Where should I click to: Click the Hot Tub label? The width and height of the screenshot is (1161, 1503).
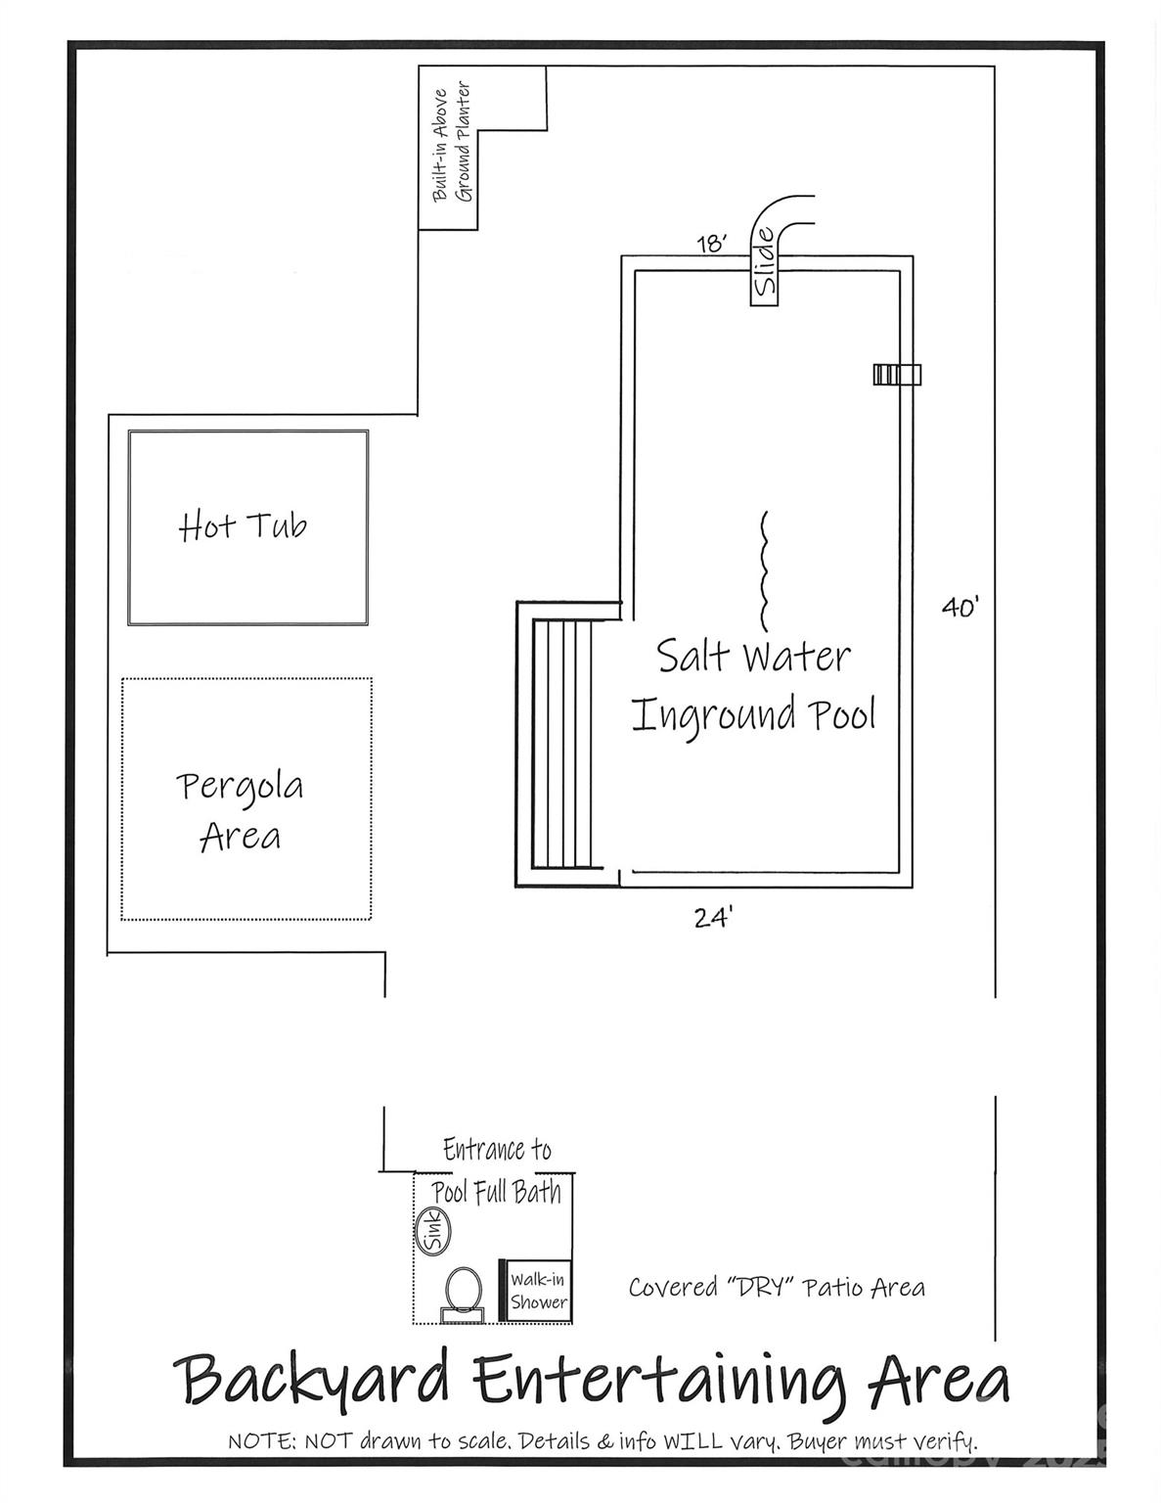coord(243,526)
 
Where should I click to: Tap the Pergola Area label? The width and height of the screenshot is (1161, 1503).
coord(241,810)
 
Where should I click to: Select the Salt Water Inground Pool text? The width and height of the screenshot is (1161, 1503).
coord(753,685)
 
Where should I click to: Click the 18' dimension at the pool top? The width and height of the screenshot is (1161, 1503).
coord(711,243)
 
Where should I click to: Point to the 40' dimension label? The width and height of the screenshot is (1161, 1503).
coord(960,608)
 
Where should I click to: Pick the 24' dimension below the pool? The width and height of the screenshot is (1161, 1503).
coord(713,918)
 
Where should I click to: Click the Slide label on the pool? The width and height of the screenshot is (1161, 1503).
coord(765,262)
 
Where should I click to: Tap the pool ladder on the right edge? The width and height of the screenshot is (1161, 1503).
coord(897,374)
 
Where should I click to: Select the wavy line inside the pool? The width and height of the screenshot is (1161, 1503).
coord(764,570)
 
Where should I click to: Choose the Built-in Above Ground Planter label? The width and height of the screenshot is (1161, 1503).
coord(452,144)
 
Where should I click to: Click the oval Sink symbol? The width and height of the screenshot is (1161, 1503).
coord(431,1230)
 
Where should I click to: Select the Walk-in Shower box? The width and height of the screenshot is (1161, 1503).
coord(537,1291)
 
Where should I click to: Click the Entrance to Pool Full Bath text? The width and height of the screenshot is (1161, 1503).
coord(497,1170)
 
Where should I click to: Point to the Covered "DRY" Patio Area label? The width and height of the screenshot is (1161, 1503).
coord(777,1287)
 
